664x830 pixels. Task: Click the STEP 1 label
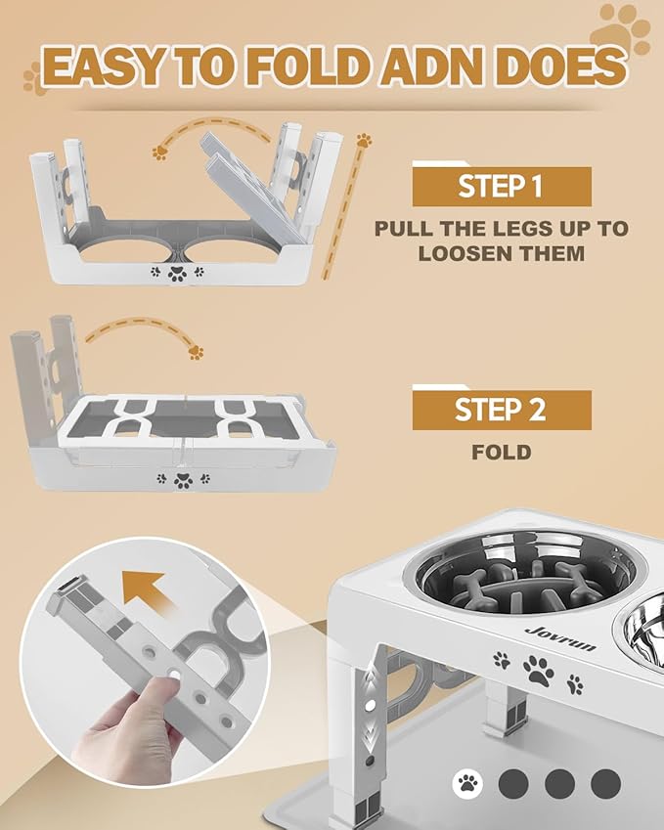(x=501, y=187)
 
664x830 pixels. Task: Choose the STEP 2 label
(x=501, y=410)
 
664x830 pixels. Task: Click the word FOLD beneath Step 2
(x=501, y=453)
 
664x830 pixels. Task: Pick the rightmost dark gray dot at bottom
(x=606, y=781)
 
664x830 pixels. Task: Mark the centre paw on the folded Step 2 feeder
(x=182, y=480)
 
